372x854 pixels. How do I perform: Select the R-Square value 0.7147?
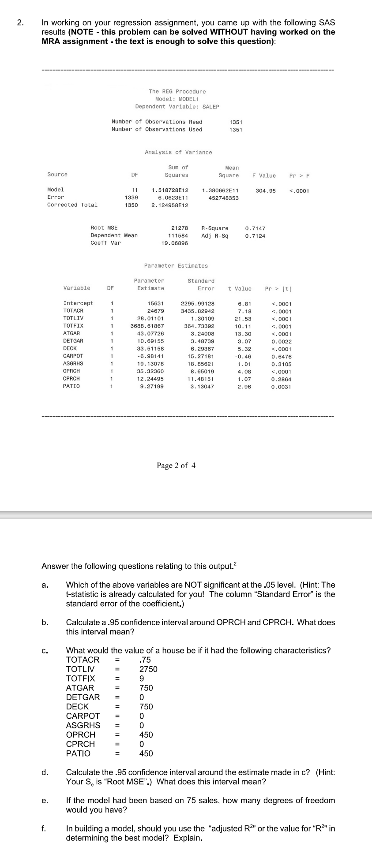click(x=255, y=228)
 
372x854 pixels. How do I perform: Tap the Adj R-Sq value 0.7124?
click(x=255, y=236)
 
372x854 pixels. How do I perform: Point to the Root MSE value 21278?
click(x=179, y=228)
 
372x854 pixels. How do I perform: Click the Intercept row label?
click(x=78, y=303)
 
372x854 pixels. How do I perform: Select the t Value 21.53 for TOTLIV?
click(x=243, y=318)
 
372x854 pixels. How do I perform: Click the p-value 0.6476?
click(x=281, y=356)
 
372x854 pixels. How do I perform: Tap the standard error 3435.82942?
click(x=198, y=311)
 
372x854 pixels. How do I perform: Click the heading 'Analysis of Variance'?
click(x=178, y=152)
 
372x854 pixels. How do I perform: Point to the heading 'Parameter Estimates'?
click(x=176, y=266)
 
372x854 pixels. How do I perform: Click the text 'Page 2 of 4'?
click(x=176, y=466)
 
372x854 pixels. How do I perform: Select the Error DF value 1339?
click(x=131, y=198)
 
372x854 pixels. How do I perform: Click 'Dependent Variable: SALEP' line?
click(x=177, y=107)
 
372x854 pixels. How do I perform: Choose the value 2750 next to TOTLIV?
click(x=148, y=669)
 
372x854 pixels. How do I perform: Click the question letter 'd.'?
click(x=45, y=772)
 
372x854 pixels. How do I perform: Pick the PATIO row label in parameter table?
click(x=71, y=386)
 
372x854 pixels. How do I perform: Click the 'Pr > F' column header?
click(x=299, y=175)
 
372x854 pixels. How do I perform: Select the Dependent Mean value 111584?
click(x=178, y=236)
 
